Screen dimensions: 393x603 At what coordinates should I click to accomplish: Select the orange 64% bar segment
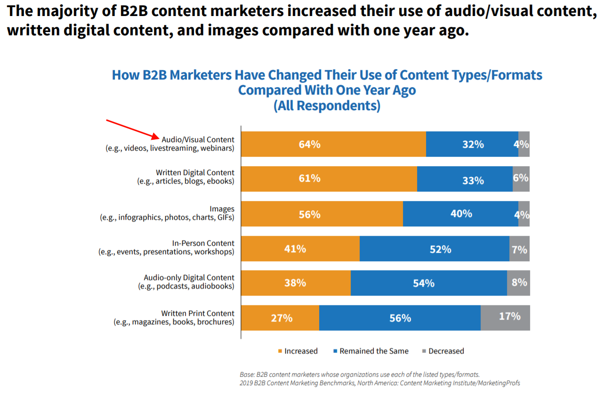pyautogui.click(x=333, y=144)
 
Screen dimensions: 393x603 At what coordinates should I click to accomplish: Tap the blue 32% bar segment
pyautogui.click(x=472, y=144)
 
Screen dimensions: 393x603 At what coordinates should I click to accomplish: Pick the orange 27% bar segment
pyautogui.click(x=281, y=318)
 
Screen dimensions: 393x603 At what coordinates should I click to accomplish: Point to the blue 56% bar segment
pyautogui.click(x=400, y=318)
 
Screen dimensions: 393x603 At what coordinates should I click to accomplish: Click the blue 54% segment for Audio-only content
pyautogui.click(x=428, y=283)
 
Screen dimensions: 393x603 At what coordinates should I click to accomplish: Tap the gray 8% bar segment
pyautogui.click(x=518, y=283)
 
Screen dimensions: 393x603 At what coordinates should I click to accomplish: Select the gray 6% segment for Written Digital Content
pyautogui.click(x=521, y=179)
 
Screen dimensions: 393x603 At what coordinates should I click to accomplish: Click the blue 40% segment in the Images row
pyautogui.click(x=460, y=214)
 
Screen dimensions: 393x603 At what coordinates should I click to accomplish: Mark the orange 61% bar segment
pyautogui.click(x=329, y=179)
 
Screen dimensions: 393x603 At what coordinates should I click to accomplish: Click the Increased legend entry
pyautogui.click(x=297, y=351)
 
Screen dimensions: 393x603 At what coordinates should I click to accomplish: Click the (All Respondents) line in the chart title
pyautogui.click(x=327, y=105)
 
